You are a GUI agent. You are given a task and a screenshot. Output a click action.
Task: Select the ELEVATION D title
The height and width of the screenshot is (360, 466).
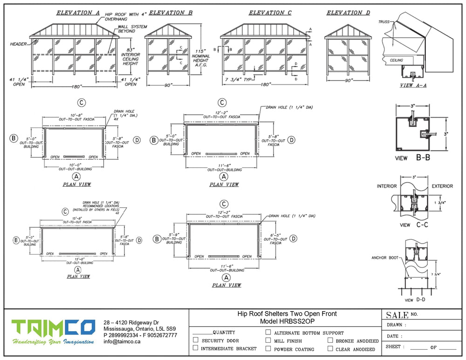tap(348, 13)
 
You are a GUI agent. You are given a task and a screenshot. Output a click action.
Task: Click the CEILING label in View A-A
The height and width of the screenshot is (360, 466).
tap(397, 60)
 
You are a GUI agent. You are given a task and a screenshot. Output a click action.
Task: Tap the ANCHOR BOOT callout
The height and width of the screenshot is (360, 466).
tap(385, 257)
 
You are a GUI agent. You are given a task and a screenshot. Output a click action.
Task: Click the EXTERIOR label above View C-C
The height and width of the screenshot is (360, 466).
tap(442, 186)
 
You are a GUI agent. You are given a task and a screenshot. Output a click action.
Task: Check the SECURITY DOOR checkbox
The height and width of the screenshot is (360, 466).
tap(196, 340)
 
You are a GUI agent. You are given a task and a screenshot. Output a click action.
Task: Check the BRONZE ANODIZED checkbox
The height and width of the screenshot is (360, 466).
tap(330, 340)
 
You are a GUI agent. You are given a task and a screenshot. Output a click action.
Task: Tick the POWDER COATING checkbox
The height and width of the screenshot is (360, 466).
tap(268, 348)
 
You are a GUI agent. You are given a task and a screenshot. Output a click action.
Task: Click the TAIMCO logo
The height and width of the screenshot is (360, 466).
tap(53, 332)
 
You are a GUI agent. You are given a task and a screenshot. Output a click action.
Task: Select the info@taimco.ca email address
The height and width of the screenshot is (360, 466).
tap(122, 341)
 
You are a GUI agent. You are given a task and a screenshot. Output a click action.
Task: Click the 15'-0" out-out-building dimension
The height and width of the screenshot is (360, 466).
tap(78, 259)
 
